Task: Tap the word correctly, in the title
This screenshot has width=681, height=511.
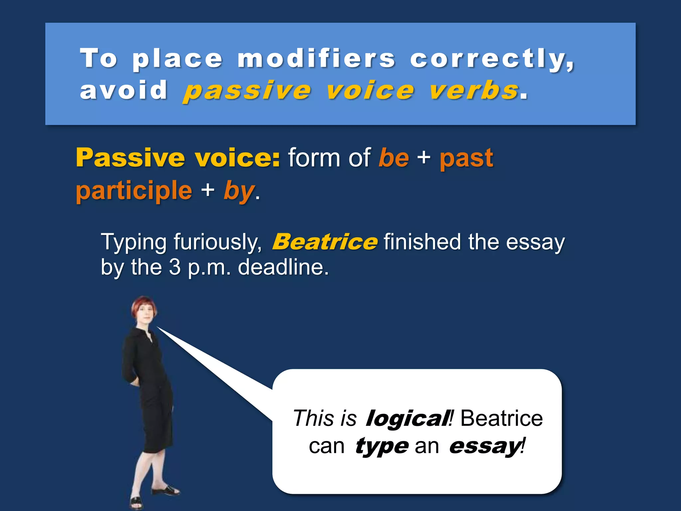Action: point(492,59)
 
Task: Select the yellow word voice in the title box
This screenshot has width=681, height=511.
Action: point(370,91)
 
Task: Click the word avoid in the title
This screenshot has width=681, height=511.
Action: point(124,90)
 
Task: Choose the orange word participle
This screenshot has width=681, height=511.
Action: point(134,191)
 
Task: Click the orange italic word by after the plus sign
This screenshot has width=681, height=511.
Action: point(239,191)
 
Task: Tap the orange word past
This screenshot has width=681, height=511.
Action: point(466,158)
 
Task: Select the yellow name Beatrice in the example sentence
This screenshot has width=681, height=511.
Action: point(325,242)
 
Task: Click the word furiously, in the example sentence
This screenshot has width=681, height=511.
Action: point(218,242)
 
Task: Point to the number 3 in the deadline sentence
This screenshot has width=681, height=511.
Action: point(175,267)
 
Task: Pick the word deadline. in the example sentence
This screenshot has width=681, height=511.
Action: point(283,267)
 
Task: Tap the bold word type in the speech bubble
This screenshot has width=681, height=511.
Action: point(382,446)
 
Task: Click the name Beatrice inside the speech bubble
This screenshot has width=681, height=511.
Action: point(501,419)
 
